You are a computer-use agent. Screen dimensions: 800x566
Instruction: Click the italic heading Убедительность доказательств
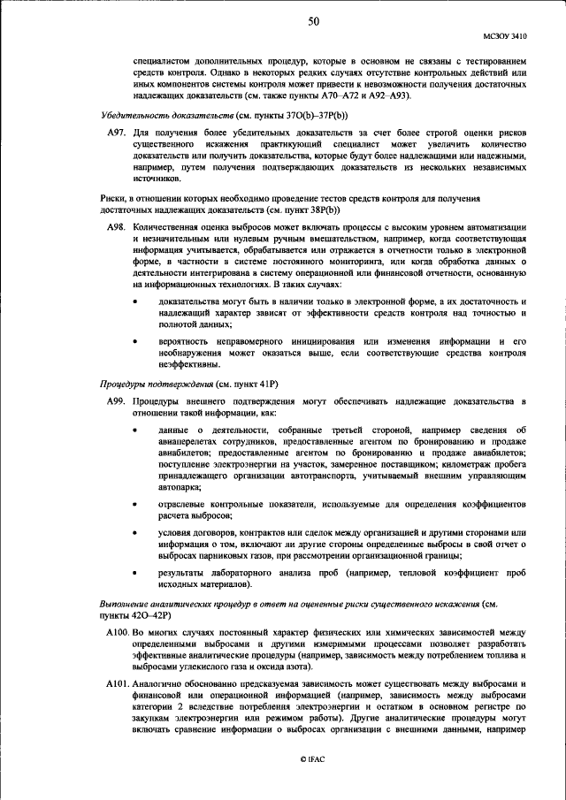155,116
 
